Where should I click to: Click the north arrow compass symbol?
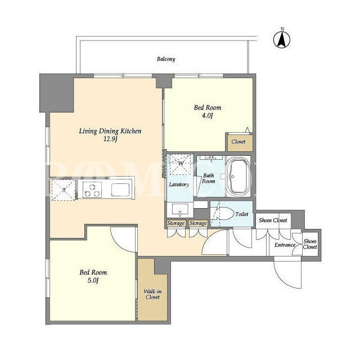[282, 39]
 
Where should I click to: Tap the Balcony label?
[166, 59]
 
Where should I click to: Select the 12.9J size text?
[110, 139]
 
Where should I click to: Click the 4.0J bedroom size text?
[208, 115]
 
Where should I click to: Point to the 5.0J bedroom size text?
[93, 280]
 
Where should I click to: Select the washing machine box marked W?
[181, 164]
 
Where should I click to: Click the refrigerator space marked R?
[64, 190]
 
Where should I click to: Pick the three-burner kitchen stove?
[92, 190]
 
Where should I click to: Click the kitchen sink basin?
[120, 190]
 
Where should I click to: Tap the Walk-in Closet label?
[152, 294]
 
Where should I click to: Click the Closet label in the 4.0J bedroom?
[238, 142]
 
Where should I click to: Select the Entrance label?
[285, 245]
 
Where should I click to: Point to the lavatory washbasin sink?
[180, 210]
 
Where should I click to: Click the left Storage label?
[176, 223]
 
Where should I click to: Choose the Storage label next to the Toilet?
[198, 223]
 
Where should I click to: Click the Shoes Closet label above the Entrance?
[273, 220]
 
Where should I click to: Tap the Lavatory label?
[179, 184]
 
